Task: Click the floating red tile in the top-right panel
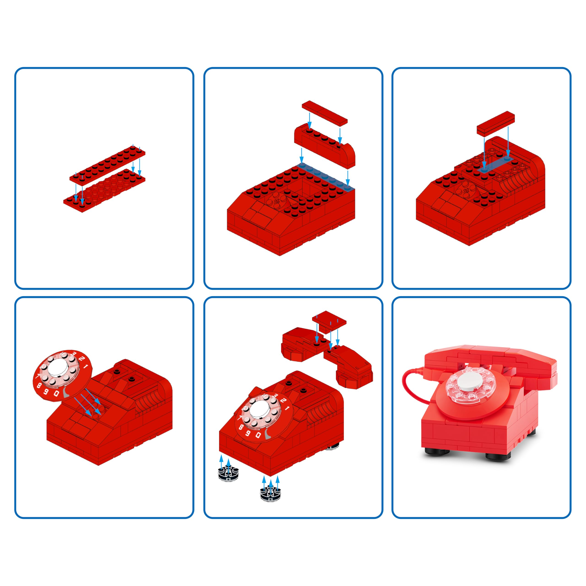[x=496, y=122]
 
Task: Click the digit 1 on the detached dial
[x=86, y=367]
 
